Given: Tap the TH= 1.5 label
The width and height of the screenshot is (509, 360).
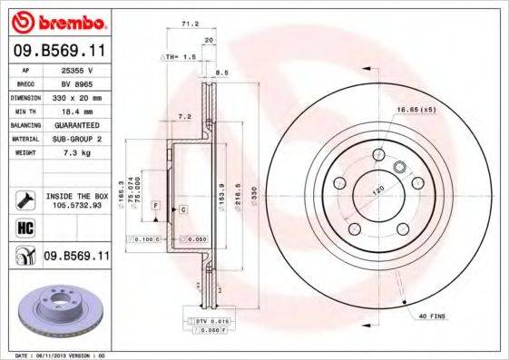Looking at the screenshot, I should pyautogui.click(x=180, y=56).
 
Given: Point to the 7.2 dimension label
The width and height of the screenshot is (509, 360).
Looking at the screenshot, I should pyautogui.click(x=185, y=116).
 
